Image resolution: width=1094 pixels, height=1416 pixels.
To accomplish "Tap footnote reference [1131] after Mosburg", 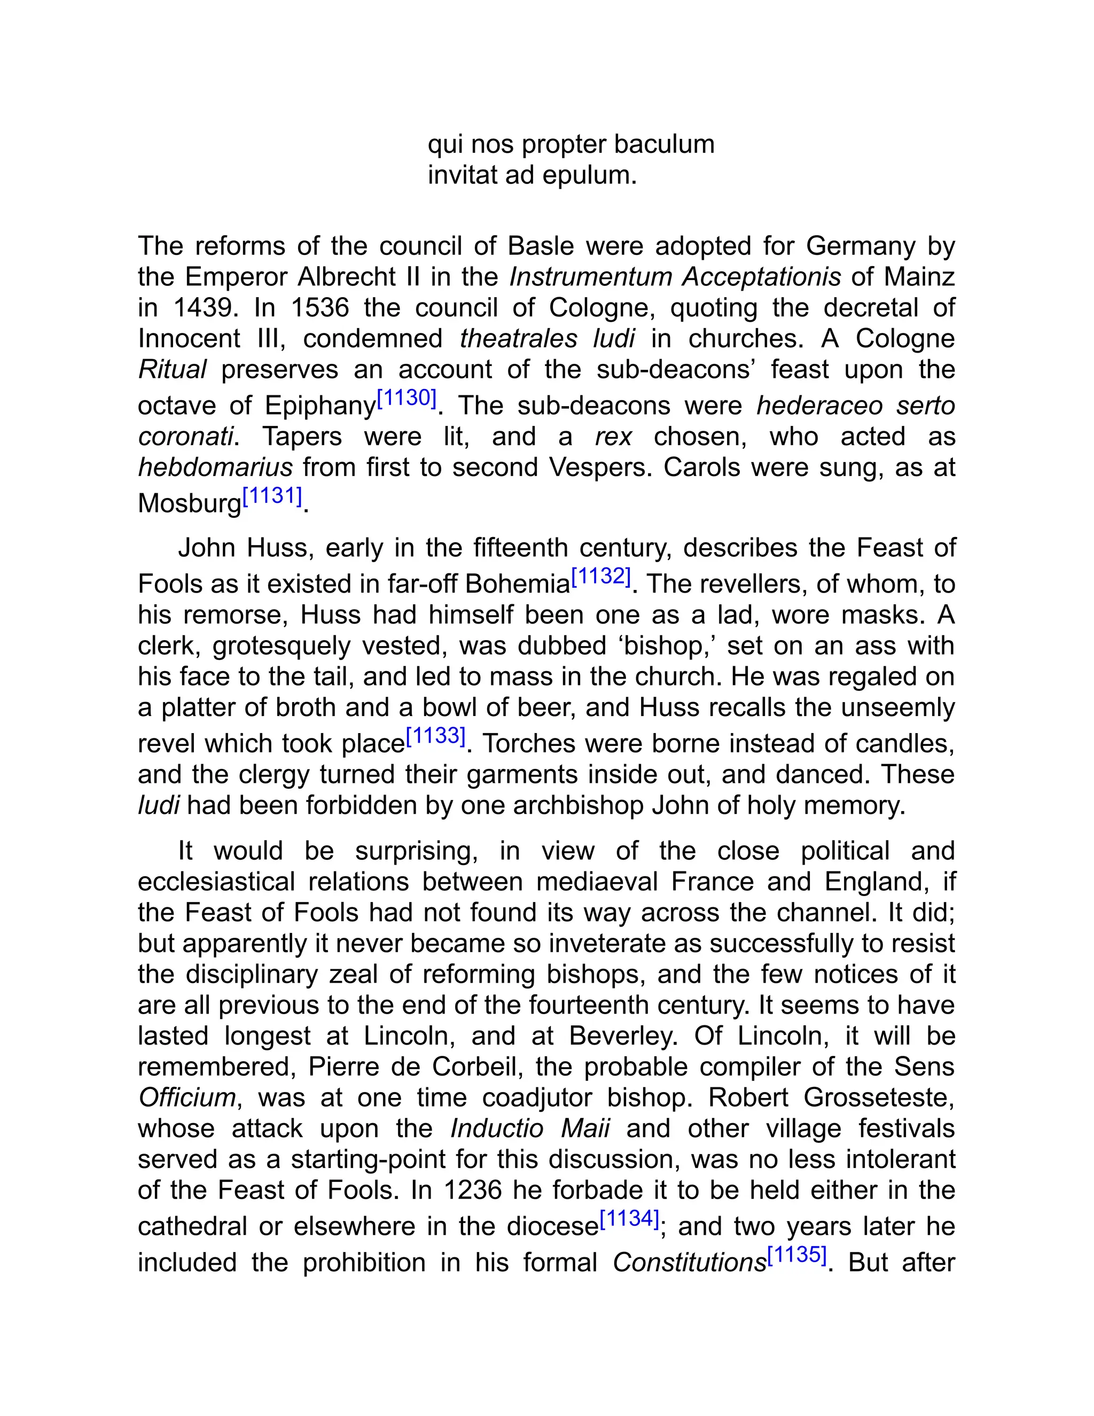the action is [x=272, y=496].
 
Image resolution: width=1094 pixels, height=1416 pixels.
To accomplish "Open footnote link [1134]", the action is [x=629, y=1219].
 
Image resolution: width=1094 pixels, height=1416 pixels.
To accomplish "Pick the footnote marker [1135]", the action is [x=796, y=1255].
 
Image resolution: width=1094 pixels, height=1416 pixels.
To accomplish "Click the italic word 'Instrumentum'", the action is [x=591, y=277].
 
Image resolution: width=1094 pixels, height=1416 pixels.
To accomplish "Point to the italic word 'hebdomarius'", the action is [x=216, y=467].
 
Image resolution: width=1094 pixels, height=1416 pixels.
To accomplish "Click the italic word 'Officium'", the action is [x=186, y=1098].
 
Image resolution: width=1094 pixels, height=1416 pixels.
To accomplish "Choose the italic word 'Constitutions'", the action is [x=689, y=1263].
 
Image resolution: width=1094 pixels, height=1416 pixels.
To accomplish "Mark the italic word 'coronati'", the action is [x=185, y=437].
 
